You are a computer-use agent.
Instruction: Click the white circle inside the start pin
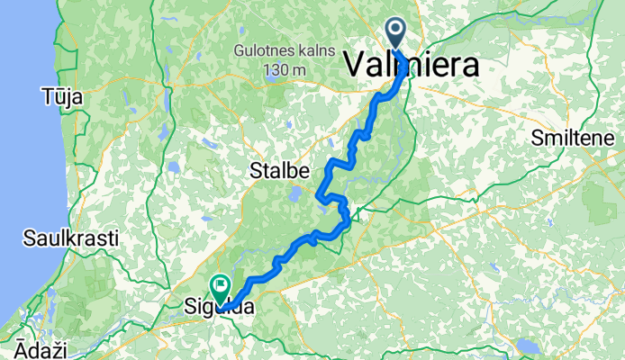coord(395,29)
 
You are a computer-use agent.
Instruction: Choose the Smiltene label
coord(574,139)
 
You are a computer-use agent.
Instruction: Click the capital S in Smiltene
coord(536,139)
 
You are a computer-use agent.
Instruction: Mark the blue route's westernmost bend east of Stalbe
coord(319,192)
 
